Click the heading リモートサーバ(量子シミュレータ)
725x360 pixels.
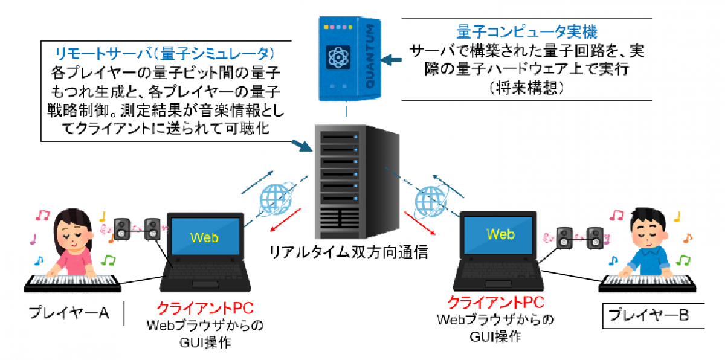(x=165, y=53)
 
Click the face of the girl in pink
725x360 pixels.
(x=72, y=234)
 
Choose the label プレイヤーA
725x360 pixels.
(x=68, y=313)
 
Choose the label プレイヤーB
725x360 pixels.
(x=648, y=315)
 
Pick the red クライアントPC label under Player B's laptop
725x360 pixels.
(x=495, y=301)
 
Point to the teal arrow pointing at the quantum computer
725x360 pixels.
(x=395, y=59)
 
